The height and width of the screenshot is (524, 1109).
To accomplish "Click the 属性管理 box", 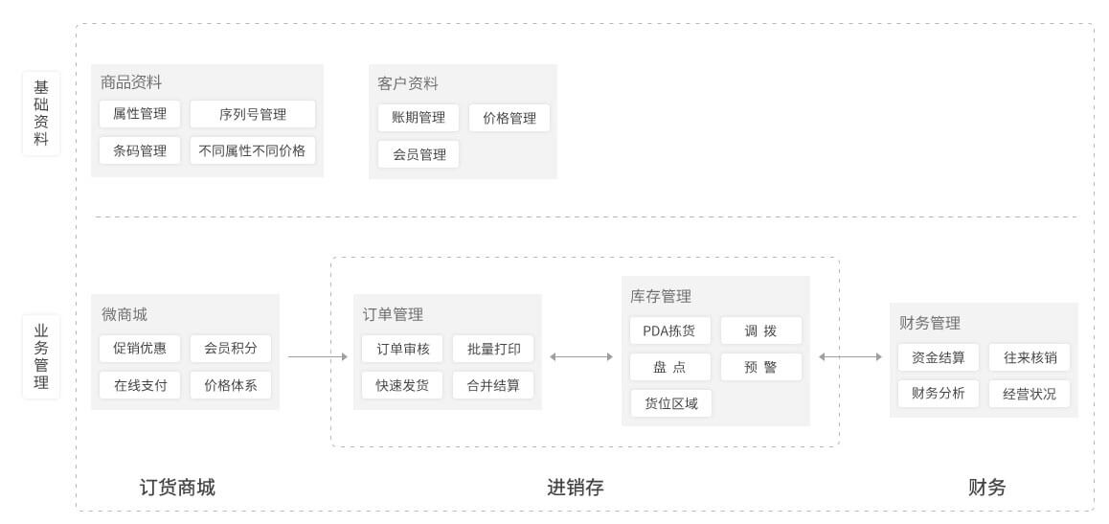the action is pos(139,114).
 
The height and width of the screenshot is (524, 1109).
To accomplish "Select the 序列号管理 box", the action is pos(253,114).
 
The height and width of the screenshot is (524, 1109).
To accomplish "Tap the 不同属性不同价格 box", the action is pos(253,150).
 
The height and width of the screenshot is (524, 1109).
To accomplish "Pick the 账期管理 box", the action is pos(418,118).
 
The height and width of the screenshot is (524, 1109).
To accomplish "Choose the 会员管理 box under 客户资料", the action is pos(418,154).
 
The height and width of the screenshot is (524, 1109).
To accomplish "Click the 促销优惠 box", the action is pos(139,349).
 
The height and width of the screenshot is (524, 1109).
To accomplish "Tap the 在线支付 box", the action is pos(139,385).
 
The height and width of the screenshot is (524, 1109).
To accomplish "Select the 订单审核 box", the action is pos(401,349).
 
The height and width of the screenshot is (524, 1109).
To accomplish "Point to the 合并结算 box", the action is pos(493,385).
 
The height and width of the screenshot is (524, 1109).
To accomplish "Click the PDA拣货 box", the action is pos(670,330).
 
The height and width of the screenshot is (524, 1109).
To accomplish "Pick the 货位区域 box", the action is pos(670,403).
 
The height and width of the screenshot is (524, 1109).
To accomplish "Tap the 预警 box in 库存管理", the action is pos(761,367).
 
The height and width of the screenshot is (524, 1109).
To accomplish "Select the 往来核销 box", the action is pos(1030,357).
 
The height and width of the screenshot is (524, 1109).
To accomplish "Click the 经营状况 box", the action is pos(1030,394).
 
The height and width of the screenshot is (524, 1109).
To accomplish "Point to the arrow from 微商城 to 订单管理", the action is pos(318,357).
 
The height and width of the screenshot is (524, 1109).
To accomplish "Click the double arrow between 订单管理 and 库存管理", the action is pos(581,357).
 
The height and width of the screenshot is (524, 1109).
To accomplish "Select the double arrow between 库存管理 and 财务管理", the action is pos(850,357).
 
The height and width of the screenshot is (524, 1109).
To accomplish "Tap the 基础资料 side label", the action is pos(41,113).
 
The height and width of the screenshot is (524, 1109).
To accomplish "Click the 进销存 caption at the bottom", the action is pos(575,488).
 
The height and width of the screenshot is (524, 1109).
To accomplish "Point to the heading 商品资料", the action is pos(131,82).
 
